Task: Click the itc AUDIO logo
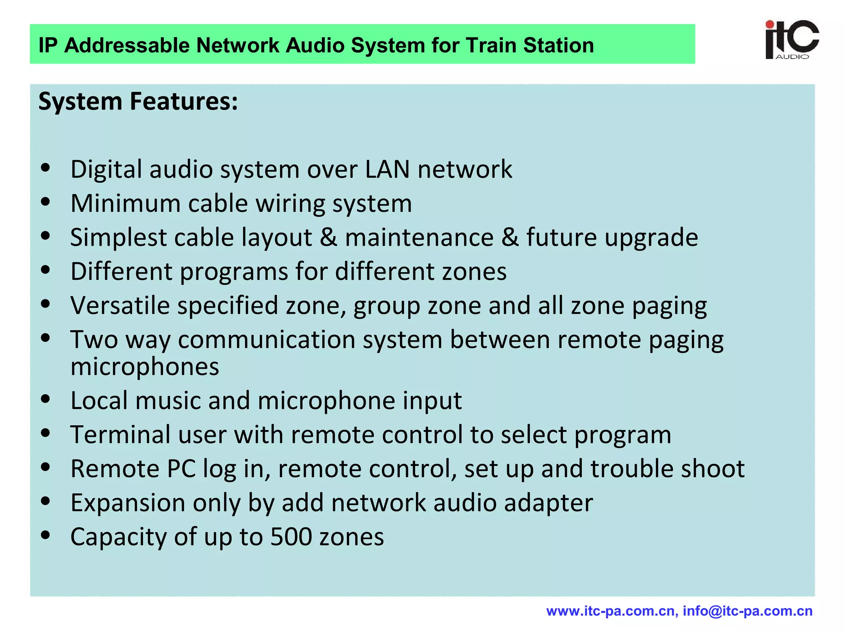pyautogui.click(x=792, y=40)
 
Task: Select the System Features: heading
pyautogui.click(x=138, y=102)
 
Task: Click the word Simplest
pyautogui.click(x=118, y=238)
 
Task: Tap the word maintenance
pyautogui.click(x=419, y=238)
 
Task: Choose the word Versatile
pyautogui.click(x=120, y=306)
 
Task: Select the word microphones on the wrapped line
pyautogui.click(x=145, y=367)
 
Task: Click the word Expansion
pyautogui.click(x=128, y=503)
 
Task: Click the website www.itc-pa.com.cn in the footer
pyautogui.click(x=611, y=611)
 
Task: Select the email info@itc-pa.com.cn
pyautogui.click(x=748, y=611)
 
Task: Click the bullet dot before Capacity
pyautogui.click(x=46, y=535)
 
